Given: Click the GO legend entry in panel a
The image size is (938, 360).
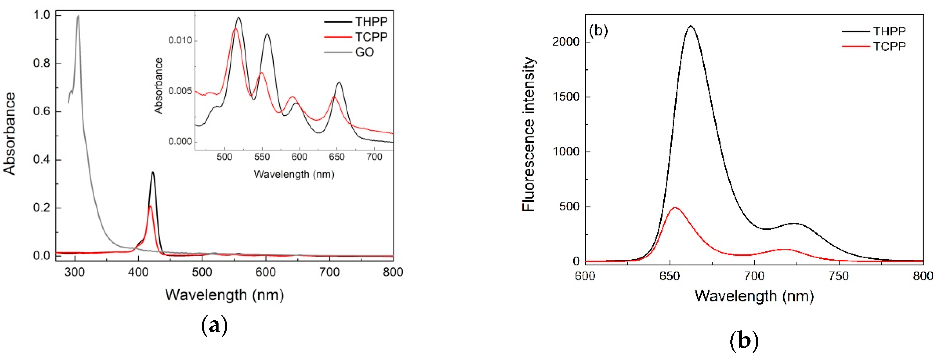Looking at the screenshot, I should (x=364, y=52).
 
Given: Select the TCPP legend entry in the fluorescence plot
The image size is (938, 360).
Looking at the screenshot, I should (x=889, y=46).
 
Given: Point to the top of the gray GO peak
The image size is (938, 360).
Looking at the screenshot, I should (x=78, y=16).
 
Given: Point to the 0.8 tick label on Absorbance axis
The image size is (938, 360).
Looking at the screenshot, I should (x=41, y=63).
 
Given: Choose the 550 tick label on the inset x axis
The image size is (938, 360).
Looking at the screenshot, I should (x=262, y=157).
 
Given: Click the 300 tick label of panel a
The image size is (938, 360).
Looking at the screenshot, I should (x=75, y=272).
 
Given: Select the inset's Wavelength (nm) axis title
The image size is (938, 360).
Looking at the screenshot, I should (x=294, y=174).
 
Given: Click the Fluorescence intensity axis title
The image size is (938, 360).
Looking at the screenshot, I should (x=528, y=134).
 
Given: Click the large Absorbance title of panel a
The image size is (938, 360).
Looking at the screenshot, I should (x=10, y=134).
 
